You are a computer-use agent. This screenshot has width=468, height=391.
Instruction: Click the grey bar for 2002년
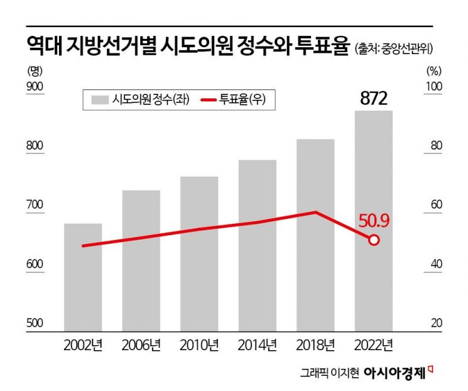(x=83, y=277)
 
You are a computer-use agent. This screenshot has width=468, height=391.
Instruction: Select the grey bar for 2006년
(x=141, y=260)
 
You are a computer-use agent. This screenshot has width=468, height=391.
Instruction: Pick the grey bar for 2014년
(x=258, y=245)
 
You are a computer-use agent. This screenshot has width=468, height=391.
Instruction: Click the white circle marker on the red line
(x=374, y=240)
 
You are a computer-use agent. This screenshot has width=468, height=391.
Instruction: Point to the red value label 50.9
(x=375, y=220)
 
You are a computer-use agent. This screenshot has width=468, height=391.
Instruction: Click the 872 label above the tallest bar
(x=374, y=99)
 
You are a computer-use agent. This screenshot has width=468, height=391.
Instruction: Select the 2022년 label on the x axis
(x=374, y=345)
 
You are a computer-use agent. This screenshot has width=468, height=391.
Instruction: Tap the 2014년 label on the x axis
(x=258, y=345)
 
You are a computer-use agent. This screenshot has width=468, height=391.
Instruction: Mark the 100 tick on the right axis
(x=435, y=86)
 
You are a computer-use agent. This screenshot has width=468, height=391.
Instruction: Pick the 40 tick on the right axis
(x=437, y=264)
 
